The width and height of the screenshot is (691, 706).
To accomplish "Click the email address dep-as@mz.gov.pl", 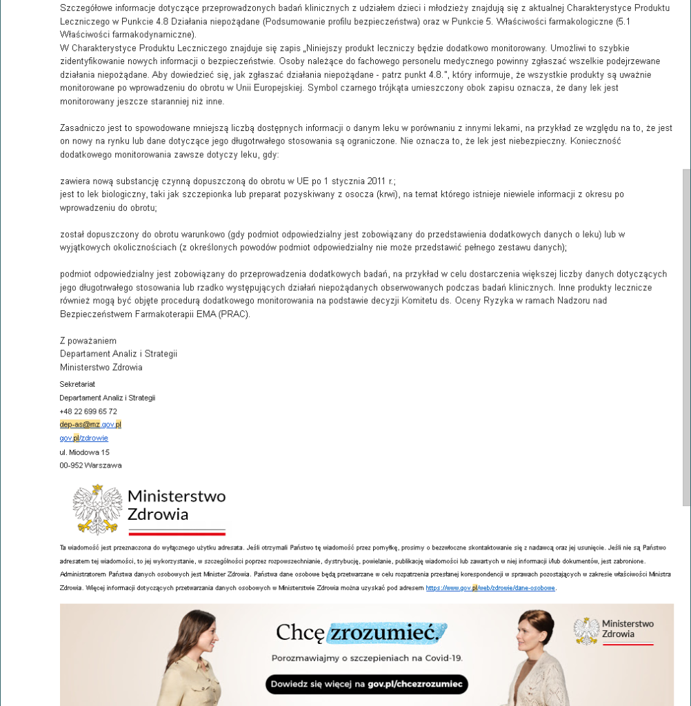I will pyautogui.click(x=90, y=425).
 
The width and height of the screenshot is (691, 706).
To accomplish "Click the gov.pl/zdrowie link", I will pyautogui.click(x=83, y=438).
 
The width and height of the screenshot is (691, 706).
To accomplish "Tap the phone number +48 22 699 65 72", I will pyautogui.click(x=88, y=412).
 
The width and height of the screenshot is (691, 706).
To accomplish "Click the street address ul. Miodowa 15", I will pyautogui.click(x=84, y=452).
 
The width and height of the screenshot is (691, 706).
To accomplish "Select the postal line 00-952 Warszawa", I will pyautogui.click(x=90, y=465).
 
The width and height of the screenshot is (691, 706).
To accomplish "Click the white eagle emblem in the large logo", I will pyautogui.click(x=97, y=509).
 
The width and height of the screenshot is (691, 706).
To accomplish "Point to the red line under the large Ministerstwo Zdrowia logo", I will pyautogui.click(x=177, y=532).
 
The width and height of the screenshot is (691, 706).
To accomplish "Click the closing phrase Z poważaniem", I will pyautogui.click(x=88, y=341).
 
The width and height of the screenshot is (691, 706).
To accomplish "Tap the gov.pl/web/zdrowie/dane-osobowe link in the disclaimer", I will pyautogui.click(x=490, y=588).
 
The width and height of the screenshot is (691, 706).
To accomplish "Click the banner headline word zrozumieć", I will pyautogui.click(x=386, y=632).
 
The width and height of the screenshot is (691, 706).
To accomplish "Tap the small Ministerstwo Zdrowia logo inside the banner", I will pyautogui.click(x=614, y=630).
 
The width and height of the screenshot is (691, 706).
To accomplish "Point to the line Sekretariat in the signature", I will pyautogui.click(x=77, y=383).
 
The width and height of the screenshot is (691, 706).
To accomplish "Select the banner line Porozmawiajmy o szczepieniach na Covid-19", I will pyautogui.click(x=367, y=658).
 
